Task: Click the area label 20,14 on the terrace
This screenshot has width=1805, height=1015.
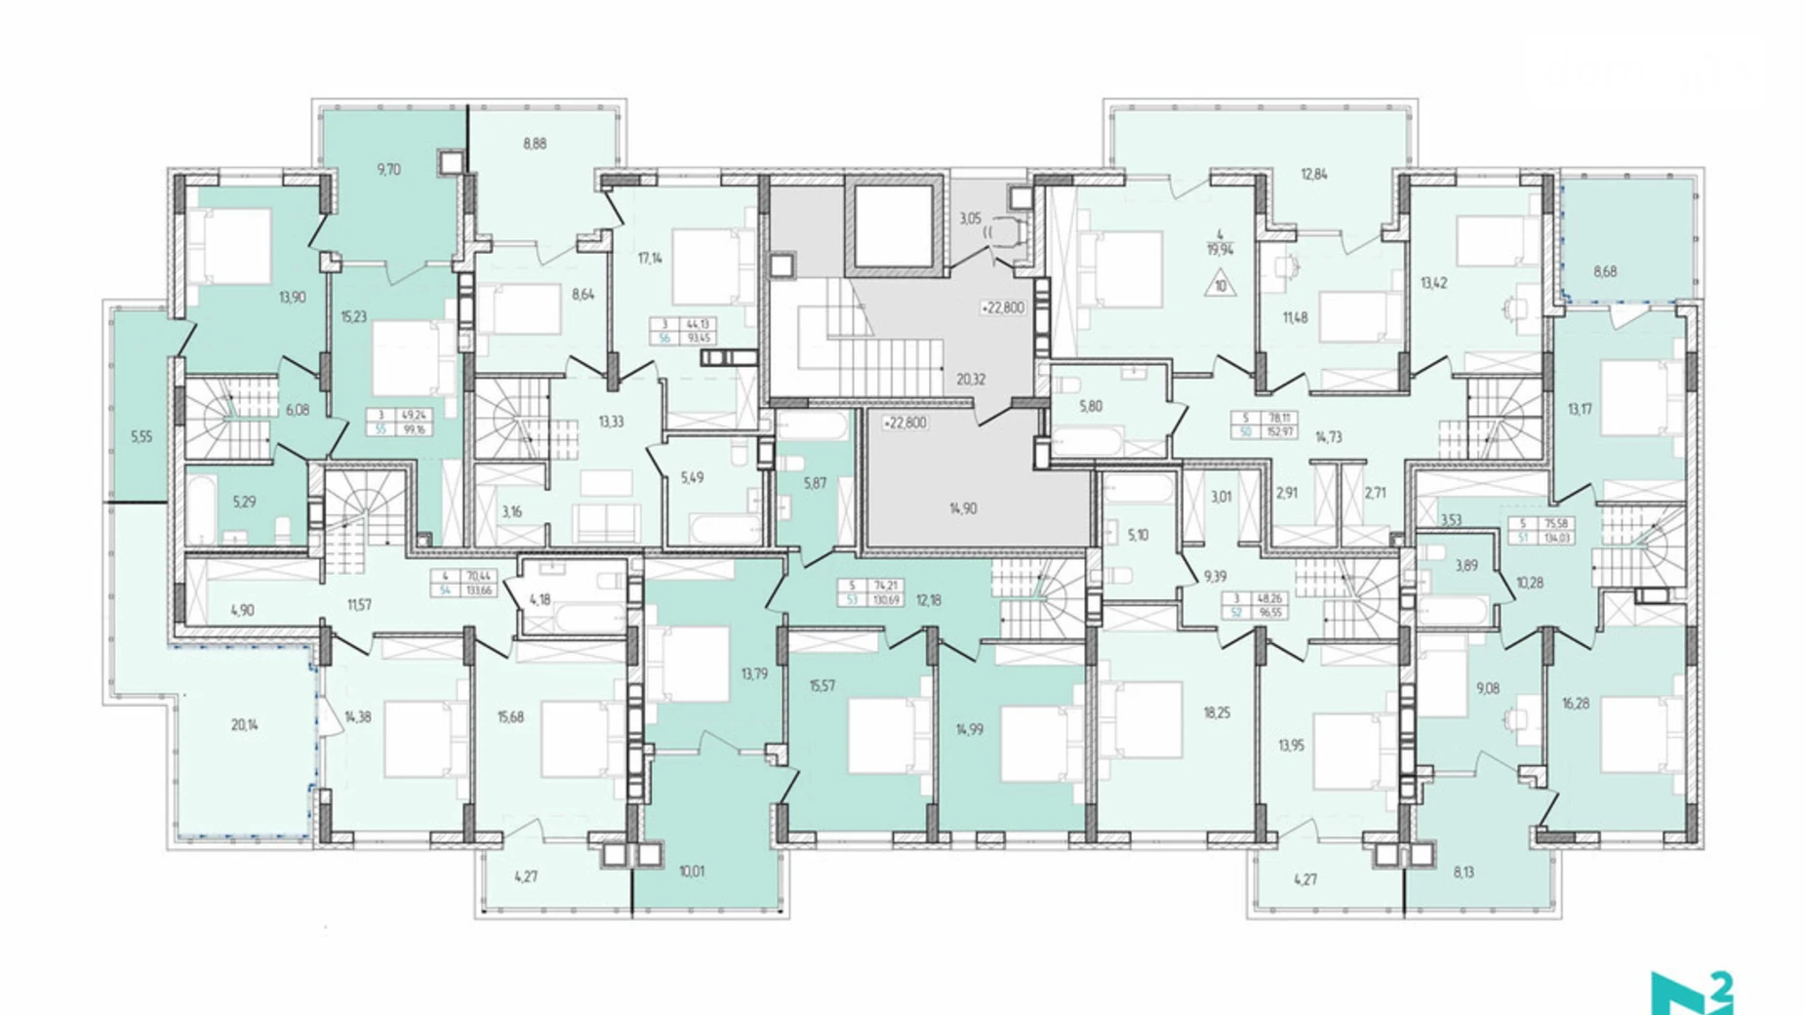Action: click(x=244, y=725)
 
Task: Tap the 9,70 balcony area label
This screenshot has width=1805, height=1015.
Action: click(x=388, y=169)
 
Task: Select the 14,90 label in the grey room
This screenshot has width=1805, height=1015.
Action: click(x=962, y=508)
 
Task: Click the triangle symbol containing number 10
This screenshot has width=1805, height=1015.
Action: click(x=1220, y=285)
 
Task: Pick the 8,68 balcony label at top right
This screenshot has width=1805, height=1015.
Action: click(x=1605, y=271)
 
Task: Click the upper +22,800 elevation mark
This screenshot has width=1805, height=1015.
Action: click(x=1003, y=307)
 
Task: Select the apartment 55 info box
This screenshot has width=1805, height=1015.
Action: click(x=401, y=422)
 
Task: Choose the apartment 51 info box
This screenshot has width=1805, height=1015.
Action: click(x=1542, y=530)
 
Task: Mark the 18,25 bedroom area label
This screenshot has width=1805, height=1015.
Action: click(x=1216, y=713)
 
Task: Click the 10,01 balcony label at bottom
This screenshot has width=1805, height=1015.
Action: click(x=692, y=872)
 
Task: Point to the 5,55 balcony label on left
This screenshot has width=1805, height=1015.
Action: click(x=141, y=437)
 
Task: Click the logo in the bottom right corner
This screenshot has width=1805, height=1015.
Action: click(x=1692, y=993)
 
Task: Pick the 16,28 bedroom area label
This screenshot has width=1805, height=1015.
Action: click(x=1574, y=703)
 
